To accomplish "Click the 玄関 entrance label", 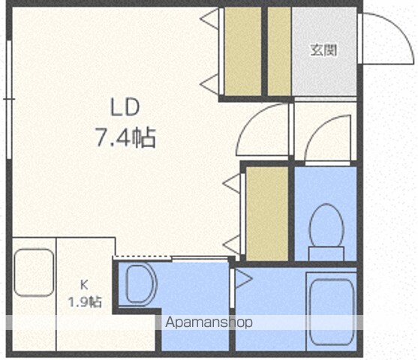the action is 324,49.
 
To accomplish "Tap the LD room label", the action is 125,107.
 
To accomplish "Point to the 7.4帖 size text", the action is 126,138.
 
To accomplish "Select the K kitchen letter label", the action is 84,286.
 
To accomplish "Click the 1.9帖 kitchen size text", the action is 85,302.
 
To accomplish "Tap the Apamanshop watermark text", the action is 209,322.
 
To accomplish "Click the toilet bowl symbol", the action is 326,225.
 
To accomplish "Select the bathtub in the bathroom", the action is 332,312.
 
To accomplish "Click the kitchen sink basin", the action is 34,272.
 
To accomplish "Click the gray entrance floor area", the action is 324,52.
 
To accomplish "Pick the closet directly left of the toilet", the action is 267,214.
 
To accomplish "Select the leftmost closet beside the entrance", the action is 243,52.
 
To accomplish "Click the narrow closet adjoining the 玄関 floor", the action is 279,52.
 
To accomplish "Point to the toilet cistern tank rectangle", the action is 326,253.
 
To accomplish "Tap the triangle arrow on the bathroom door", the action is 244,279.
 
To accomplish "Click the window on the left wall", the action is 9,100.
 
